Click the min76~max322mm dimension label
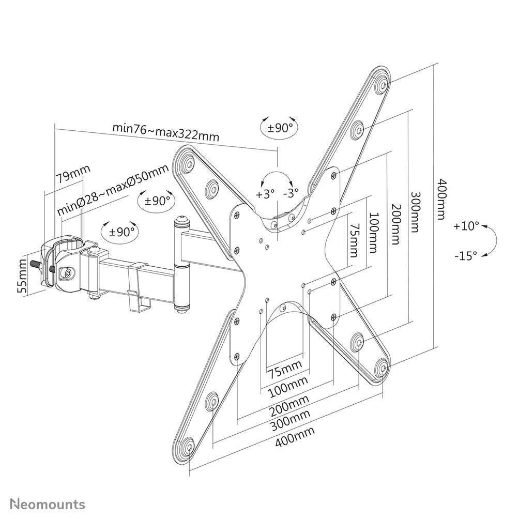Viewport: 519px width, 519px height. click(166, 132)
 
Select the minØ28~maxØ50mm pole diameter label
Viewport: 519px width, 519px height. click(113, 190)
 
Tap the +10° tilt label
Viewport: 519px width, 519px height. click(467, 226)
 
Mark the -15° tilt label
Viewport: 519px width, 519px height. click(467, 255)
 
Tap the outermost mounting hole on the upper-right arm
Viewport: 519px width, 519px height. click(382, 82)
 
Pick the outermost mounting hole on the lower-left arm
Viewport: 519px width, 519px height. click(189, 445)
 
